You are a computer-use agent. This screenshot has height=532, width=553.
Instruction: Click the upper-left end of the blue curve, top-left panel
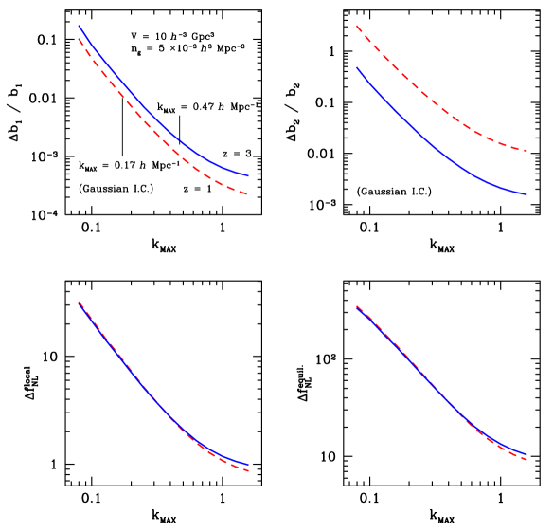79,26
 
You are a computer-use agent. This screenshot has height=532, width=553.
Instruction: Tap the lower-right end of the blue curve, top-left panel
249,175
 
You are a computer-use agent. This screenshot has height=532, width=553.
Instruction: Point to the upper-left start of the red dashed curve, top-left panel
79,39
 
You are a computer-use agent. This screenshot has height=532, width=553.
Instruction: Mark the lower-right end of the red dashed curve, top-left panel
249,194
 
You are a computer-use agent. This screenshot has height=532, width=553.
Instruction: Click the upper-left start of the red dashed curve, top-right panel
357,26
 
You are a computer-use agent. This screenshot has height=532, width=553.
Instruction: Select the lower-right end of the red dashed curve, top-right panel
527,152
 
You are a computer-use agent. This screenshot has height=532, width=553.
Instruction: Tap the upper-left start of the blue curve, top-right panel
357,67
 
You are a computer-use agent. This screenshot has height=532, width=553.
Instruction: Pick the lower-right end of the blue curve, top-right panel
527,194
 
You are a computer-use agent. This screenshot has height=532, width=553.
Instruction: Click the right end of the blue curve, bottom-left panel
249,465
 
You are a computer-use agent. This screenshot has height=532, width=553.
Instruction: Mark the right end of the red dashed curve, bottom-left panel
249,471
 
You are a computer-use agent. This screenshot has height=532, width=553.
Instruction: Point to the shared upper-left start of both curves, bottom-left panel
79,302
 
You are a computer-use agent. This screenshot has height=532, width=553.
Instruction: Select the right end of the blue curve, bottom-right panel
527,453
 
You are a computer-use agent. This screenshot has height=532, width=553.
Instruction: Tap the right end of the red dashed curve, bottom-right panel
527,460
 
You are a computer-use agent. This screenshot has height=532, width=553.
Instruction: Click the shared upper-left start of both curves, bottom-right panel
357,307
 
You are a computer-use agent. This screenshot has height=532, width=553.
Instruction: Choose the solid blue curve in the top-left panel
152,107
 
